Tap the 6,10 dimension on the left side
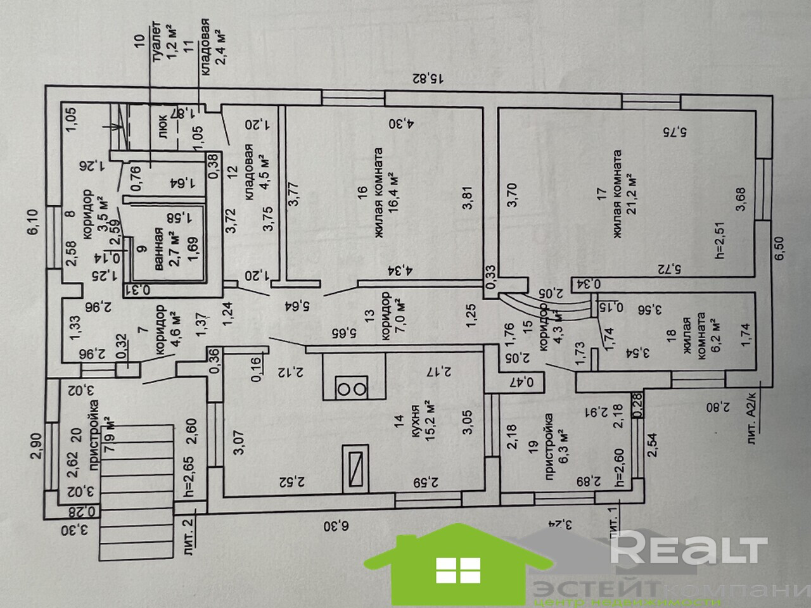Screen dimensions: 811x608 click(36, 223)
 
